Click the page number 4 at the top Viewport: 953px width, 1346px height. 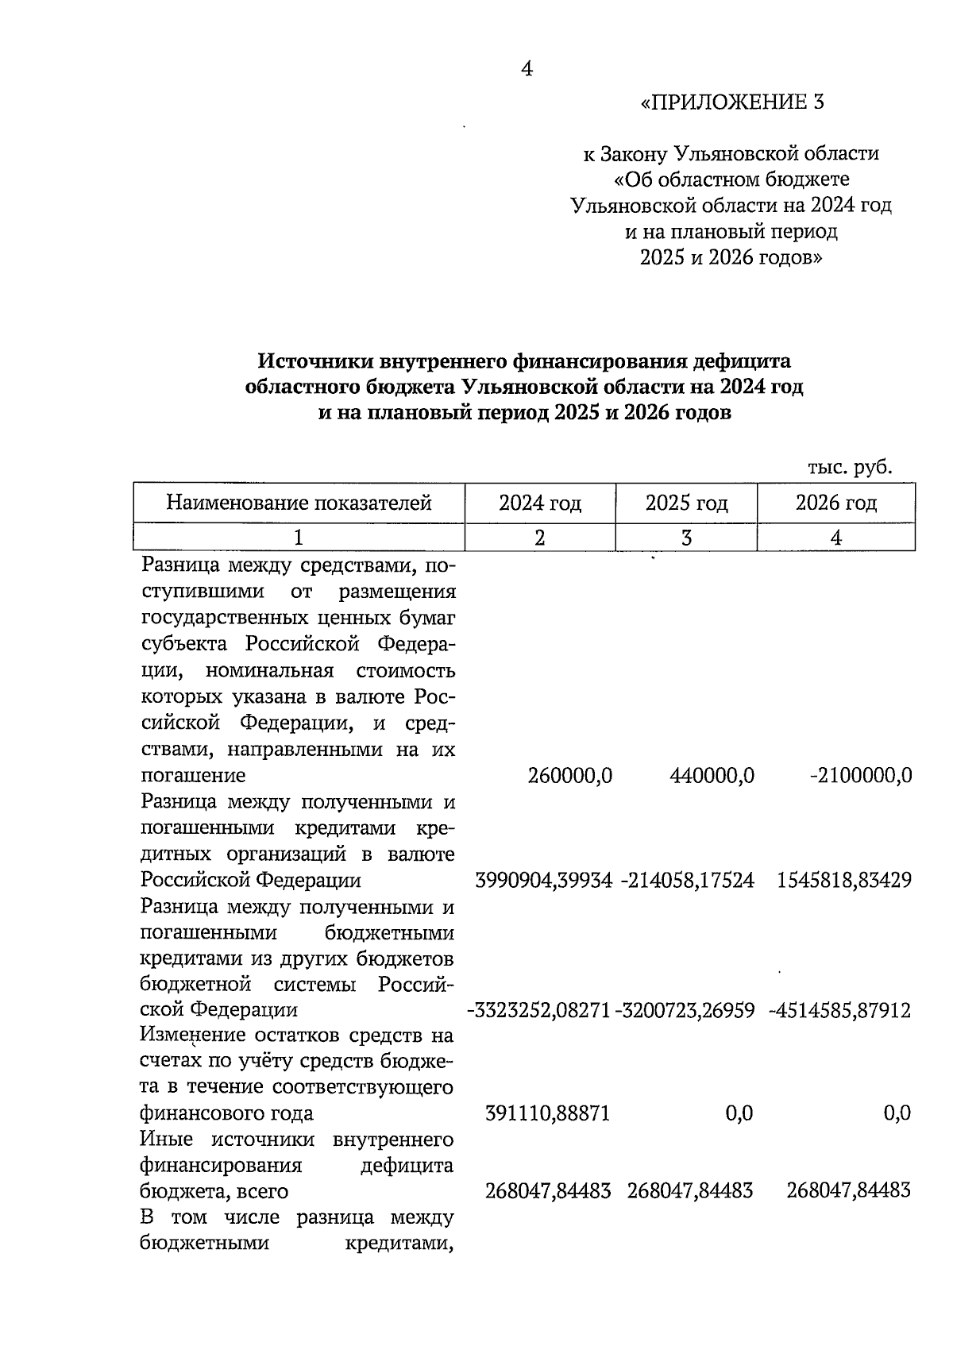[526, 69]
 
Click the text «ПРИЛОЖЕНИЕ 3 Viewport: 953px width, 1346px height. [732, 102]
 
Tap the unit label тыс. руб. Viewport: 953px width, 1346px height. [850, 468]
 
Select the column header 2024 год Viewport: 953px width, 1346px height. [540, 503]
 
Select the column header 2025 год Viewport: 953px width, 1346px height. [686, 503]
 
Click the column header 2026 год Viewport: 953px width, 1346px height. [836, 503]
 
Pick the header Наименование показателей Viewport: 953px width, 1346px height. [299, 503]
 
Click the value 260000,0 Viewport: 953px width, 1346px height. [569, 775]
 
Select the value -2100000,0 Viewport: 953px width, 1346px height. [861, 775]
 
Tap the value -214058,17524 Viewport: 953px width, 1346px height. [685, 881]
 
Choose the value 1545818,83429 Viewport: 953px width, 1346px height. [844, 881]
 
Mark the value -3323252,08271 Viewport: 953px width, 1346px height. [538, 1011]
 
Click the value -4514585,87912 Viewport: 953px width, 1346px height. [840, 1011]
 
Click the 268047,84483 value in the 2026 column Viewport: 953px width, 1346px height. [848, 1191]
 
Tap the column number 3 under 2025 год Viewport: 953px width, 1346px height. [686, 538]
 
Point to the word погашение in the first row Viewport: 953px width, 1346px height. [193, 775]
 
